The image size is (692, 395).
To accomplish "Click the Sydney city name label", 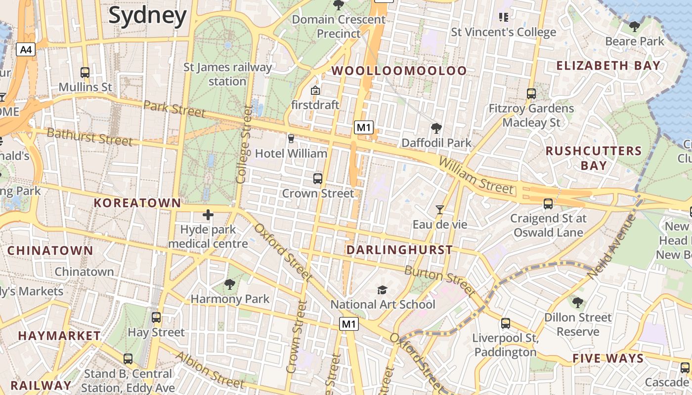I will pyautogui.click(x=147, y=15).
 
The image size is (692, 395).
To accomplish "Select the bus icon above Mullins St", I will pyautogui.click(x=85, y=73).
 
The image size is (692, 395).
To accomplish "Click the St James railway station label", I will pyautogui.click(x=227, y=74).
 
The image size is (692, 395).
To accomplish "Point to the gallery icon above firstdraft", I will pyautogui.click(x=315, y=90).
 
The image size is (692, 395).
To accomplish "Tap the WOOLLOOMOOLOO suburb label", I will pyautogui.click(x=399, y=71).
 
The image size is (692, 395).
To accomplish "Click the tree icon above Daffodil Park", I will pyautogui.click(x=436, y=128).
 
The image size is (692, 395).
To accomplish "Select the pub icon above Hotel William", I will pyautogui.click(x=291, y=139).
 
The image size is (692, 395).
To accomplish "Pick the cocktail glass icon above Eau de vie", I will pyautogui.click(x=439, y=210).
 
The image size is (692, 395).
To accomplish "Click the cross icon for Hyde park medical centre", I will pyautogui.click(x=208, y=215).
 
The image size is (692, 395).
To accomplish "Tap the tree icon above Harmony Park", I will pyautogui.click(x=229, y=284).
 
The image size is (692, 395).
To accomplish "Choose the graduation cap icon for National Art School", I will pyautogui.click(x=382, y=290).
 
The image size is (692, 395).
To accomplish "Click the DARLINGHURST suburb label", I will pyautogui.click(x=399, y=250).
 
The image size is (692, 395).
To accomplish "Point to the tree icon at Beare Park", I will pyautogui.click(x=635, y=26).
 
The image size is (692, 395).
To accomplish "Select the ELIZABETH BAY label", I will pyautogui.click(x=608, y=66).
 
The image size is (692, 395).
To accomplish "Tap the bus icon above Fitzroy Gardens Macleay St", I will pyautogui.click(x=531, y=93).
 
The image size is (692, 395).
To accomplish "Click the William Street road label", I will pyautogui.click(x=476, y=176).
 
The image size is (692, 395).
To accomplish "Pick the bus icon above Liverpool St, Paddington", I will pyautogui.click(x=505, y=323).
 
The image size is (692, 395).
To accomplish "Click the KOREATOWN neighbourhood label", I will pyautogui.click(x=137, y=203).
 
